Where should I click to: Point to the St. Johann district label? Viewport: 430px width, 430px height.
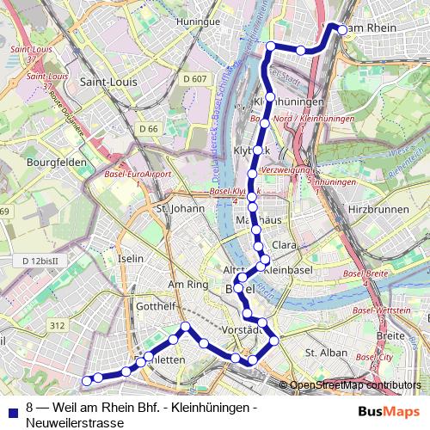(179, 207)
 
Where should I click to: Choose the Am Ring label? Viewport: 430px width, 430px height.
(188, 284)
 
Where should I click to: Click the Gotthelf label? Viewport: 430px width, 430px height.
(157, 306)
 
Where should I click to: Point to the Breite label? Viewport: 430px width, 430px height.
(390, 335)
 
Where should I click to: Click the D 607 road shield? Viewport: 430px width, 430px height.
(196, 79)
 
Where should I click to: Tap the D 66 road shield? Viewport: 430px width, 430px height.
(149, 128)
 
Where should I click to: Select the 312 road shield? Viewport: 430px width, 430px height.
(58, 325)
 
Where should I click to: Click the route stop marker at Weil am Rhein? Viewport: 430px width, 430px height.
(341, 29)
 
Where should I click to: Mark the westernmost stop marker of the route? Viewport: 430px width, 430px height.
(86, 380)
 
